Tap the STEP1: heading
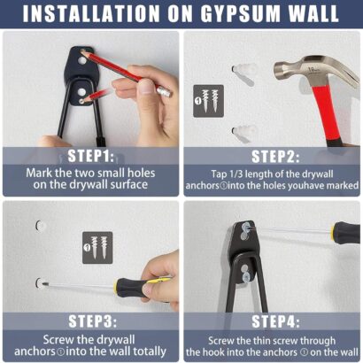coord(90,156)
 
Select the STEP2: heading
coord(275,157)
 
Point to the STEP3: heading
coord(92,321)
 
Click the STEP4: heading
coord(275,321)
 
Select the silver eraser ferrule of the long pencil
coord(165,91)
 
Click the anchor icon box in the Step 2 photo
coord(208,101)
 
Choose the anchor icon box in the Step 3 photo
coord(97,248)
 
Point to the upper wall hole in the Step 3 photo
coord(41,226)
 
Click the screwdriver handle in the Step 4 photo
coord(345,233)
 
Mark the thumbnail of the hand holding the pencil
coord(147,87)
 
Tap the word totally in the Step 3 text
coord(150,351)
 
